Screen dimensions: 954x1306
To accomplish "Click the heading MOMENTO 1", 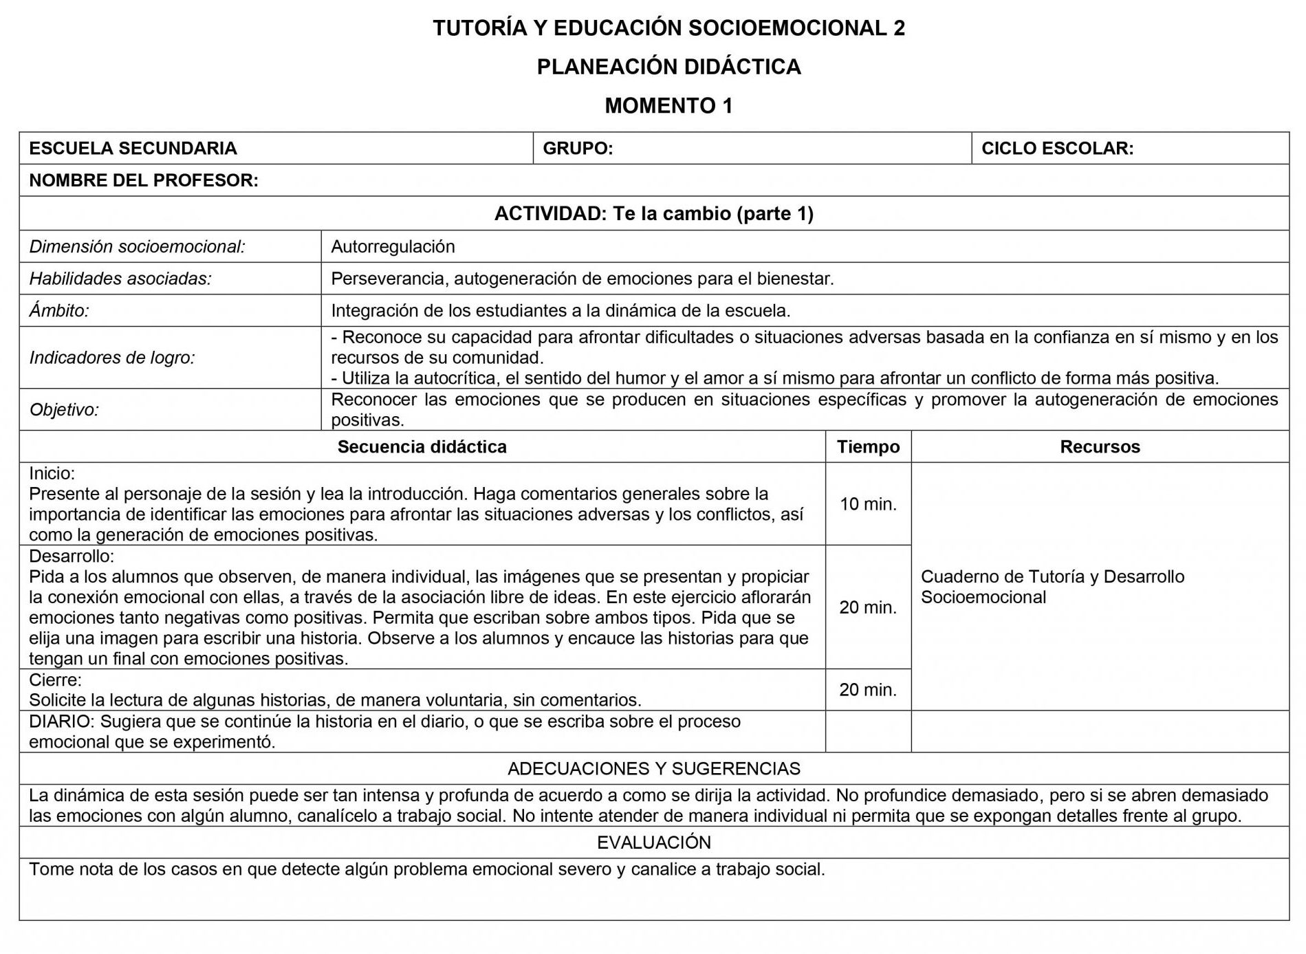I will click(x=668, y=106).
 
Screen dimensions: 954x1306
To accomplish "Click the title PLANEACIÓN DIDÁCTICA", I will click(x=668, y=67).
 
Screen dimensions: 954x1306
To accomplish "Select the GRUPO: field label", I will click(x=578, y=149).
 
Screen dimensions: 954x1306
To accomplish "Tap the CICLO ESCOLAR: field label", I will click(x=1057, y=149).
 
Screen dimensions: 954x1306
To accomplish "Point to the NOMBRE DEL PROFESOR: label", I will click(x=144, y=180).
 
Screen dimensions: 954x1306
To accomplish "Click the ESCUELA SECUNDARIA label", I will click(x=133, y=149).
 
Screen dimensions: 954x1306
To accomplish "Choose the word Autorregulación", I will click(x=393, y=246).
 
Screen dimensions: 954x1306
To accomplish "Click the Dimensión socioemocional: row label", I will click(x=137, y=246).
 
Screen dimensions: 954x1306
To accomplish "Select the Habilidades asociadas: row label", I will click(x=120, y=279).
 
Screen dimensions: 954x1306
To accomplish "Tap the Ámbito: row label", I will click(x=59, y=311).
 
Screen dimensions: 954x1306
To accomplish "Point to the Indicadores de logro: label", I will click(x=112, y=358).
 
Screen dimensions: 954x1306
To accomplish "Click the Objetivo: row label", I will click(x=64, y=410).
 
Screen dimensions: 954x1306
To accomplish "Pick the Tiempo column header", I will click(x=868, y=447).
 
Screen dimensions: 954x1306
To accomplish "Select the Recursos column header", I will click(x=1100, y=447).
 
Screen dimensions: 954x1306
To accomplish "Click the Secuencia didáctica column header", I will click(x=422, y=447).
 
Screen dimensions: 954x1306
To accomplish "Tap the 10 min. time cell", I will click(x=868, y=504).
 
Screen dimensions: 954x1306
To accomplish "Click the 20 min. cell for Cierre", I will click(x=868, y=690).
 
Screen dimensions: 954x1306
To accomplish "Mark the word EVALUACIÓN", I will click(x=653, y=843).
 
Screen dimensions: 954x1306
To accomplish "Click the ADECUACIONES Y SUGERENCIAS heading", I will click(x=653, y=769).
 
